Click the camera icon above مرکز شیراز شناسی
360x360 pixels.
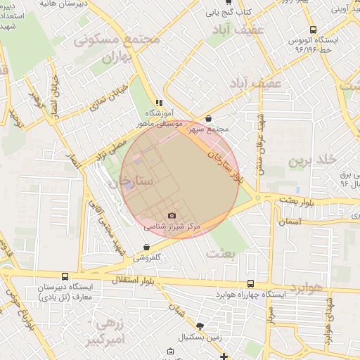click(172, 215)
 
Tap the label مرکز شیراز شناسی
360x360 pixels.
click(172, 227)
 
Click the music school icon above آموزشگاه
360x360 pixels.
click(160, 101)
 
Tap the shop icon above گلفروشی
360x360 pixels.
click(146, 247)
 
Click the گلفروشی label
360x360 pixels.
click(147, 258)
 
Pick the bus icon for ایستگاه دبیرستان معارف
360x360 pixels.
click(65, 277)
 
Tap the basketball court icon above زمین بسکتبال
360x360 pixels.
click(200, 326)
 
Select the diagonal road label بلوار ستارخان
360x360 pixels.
click(226, 160)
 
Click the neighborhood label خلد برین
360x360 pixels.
click(307, 162)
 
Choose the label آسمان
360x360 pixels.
click(290, 221)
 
